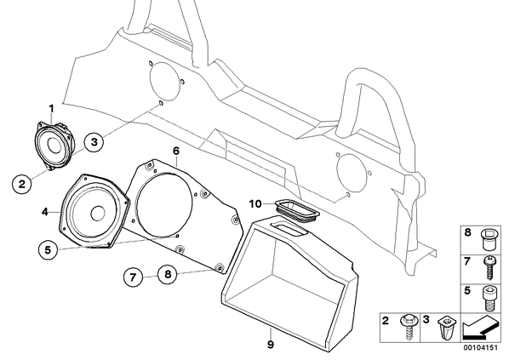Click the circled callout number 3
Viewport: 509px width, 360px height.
(94, 142)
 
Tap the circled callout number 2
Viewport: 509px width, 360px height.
(22, 184)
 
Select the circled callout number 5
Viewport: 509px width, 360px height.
(48, 250)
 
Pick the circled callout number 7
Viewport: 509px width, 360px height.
(133, 277)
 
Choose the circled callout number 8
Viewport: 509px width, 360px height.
(168, 274)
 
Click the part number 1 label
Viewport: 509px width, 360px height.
(52, 108)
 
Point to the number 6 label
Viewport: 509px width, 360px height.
(176, 151)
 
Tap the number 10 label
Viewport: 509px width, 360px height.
(255, 204)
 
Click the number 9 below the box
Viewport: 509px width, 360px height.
(271, 344)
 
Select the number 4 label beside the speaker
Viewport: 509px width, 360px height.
(45, 212)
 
